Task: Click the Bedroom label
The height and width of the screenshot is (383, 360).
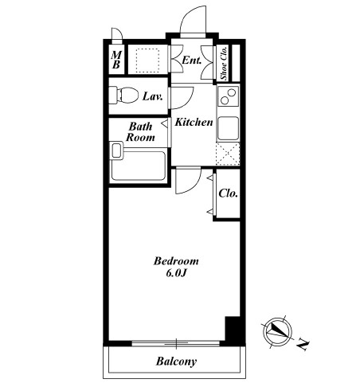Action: point(176,261)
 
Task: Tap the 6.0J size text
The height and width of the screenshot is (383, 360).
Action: point(175,273)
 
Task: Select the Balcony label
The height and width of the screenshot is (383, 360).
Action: point(177,362)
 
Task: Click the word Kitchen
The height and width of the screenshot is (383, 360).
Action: point(194,122)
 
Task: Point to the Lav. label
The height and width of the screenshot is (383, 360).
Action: point(153,96)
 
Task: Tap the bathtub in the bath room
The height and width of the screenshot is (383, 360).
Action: point(138,166)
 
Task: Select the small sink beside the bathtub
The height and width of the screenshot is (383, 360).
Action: point(117,151)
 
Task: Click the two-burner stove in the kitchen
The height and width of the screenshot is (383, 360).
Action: point(228,96)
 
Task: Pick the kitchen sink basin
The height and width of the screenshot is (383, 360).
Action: point(229,128)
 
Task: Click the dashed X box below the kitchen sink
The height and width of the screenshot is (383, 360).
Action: point(228,154)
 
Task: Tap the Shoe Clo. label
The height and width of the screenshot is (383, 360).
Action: point(224,63)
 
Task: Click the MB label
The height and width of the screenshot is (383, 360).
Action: point(116,60)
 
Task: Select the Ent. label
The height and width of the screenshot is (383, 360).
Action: point(192,61)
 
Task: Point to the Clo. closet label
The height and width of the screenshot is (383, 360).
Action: point(228,193)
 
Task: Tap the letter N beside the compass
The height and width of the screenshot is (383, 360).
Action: point(303,344)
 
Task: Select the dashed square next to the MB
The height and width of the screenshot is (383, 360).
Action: point(147,60)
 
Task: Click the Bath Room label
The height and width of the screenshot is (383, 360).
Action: point(140,131)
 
